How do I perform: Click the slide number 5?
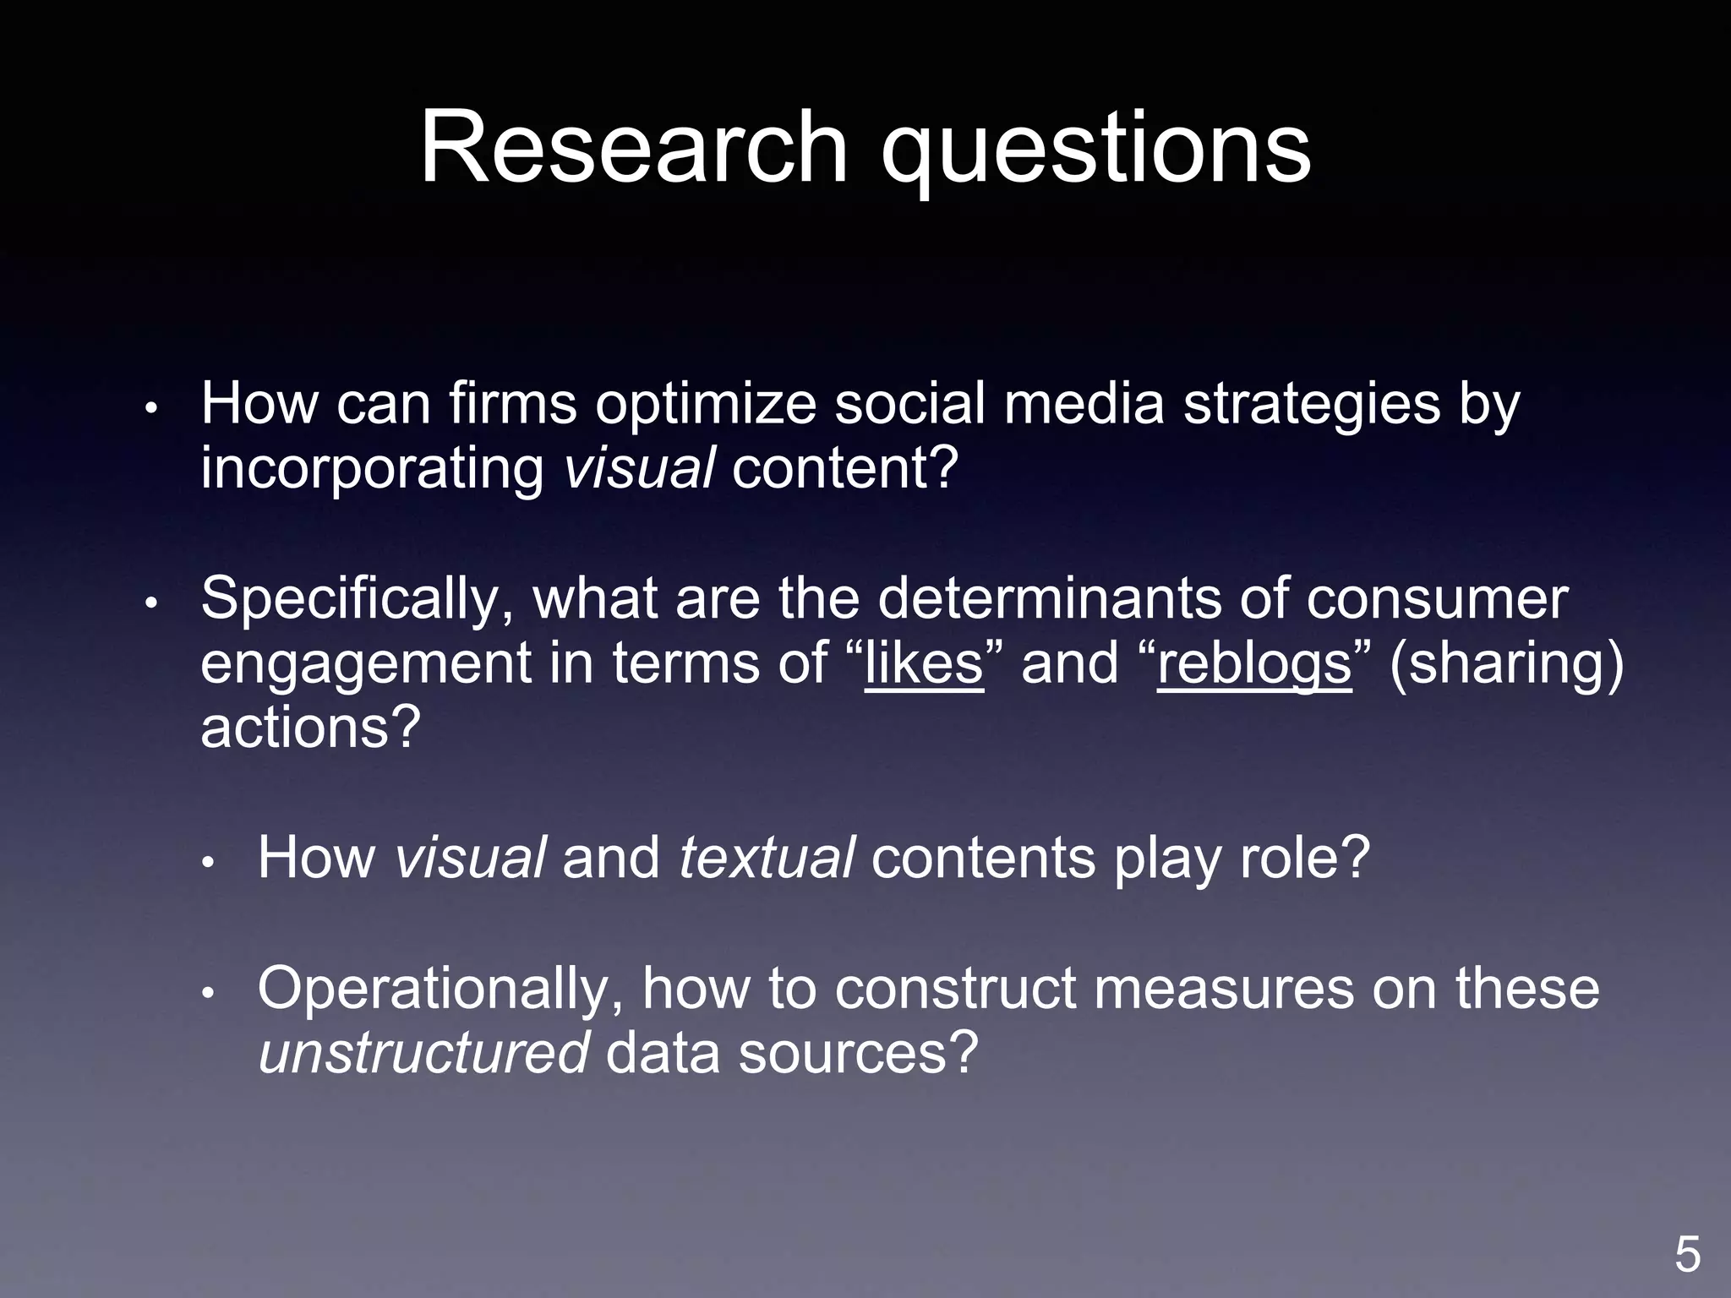click(1687, 1254)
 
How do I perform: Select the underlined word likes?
click(924, 663)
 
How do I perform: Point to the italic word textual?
click(767, 858)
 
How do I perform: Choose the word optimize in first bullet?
click(706, 405)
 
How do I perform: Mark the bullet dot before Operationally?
click(209, 993)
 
